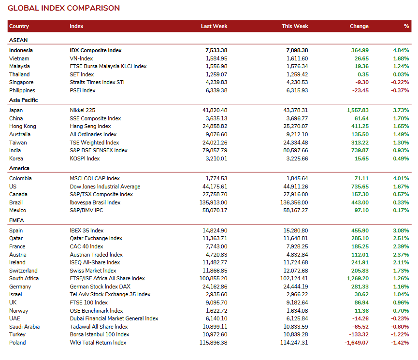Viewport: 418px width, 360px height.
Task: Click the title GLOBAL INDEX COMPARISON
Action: pos(64,8)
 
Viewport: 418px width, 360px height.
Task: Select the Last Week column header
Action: pos(214,26)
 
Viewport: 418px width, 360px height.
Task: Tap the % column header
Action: pos(406,26)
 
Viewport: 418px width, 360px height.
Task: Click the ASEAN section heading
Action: pos(18,40)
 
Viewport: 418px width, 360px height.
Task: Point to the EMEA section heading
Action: pos(16,220)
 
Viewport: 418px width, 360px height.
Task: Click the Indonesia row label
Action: pos(21,50)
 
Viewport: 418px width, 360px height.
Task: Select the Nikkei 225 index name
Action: pos(82,110)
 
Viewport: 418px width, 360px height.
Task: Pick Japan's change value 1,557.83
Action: pos(358,110)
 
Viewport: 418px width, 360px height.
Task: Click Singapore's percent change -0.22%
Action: pos(400,82)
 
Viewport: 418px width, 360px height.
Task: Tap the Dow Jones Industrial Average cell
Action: pos(105,187)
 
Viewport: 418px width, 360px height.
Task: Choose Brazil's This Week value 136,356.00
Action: pos(294,202)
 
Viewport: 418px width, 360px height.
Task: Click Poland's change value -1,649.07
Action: pos(357,343)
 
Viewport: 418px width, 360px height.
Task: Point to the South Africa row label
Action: pos(24,278)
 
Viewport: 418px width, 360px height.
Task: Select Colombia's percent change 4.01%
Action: pos(401,178)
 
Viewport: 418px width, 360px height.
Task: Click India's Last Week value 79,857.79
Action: pos(215,150)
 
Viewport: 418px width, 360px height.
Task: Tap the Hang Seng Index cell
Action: pos(90,126)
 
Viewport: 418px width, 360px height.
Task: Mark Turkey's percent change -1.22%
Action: pos(400,334)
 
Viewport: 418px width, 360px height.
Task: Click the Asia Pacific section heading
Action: pos(24,100)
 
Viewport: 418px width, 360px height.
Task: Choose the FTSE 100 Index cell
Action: pos(89,302)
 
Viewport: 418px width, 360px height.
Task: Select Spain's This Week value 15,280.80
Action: pos(296,230)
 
